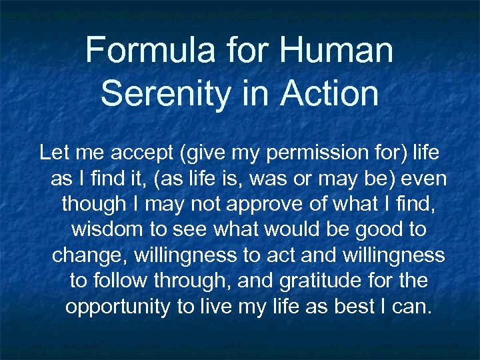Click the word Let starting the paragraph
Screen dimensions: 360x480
pyautogui.click(x=53, y=153)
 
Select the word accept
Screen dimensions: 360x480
pyautogui.click(x=139, y=153)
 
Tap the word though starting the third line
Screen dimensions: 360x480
pyautogui.click(x=92, y=204)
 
